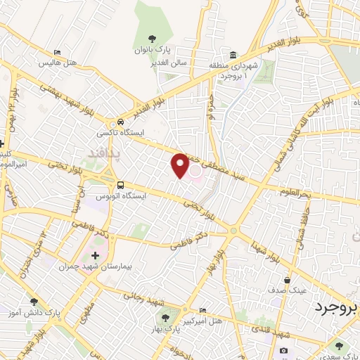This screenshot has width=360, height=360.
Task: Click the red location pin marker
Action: coord(180,165)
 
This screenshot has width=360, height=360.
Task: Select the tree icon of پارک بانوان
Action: coord(153,39)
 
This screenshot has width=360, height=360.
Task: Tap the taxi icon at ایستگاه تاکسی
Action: coord(122,120)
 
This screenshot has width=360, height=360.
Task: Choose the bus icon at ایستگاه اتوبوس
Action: coord(122,186)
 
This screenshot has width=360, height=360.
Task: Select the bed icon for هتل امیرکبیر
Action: coord(203,310)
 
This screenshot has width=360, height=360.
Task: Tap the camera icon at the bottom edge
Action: coord(283,350)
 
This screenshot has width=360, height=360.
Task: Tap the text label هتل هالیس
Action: coord(77,63)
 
